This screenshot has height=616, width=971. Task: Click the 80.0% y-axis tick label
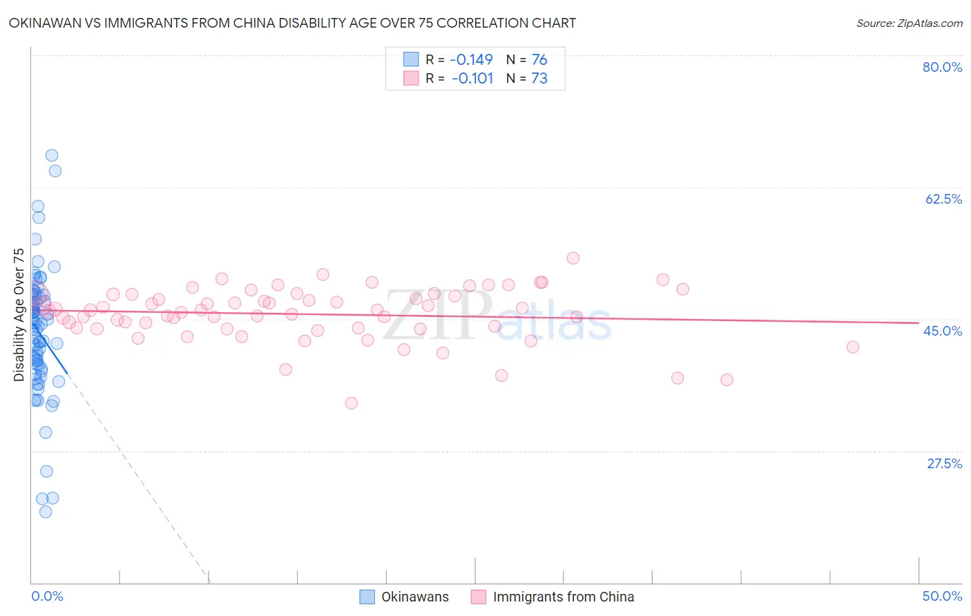click(942, 67)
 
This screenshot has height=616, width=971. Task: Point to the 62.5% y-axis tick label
click(943, 199)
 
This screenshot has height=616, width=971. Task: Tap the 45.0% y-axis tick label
click(943, 331)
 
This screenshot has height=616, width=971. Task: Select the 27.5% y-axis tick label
click(944, 463)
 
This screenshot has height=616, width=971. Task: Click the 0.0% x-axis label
click(47, 596)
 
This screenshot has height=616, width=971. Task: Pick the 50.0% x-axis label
click(942, 596)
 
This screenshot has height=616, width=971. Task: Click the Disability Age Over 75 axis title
click(19, 315)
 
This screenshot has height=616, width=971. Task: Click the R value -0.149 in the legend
click(471, 60)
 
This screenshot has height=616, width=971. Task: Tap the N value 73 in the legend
click(539, 79)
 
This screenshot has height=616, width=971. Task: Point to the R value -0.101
click(472, 79)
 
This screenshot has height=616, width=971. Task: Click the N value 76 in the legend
click(539, 60)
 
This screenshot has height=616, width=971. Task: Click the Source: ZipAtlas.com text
click(909, 23)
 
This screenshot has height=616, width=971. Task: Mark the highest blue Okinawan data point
click(51, 155)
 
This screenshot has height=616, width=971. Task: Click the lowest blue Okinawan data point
click(46, 512)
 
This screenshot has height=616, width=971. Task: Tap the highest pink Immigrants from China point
click(573, 258)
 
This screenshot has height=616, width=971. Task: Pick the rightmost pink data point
click(852, 347)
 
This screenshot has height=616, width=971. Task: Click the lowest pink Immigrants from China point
click(351, 403)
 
